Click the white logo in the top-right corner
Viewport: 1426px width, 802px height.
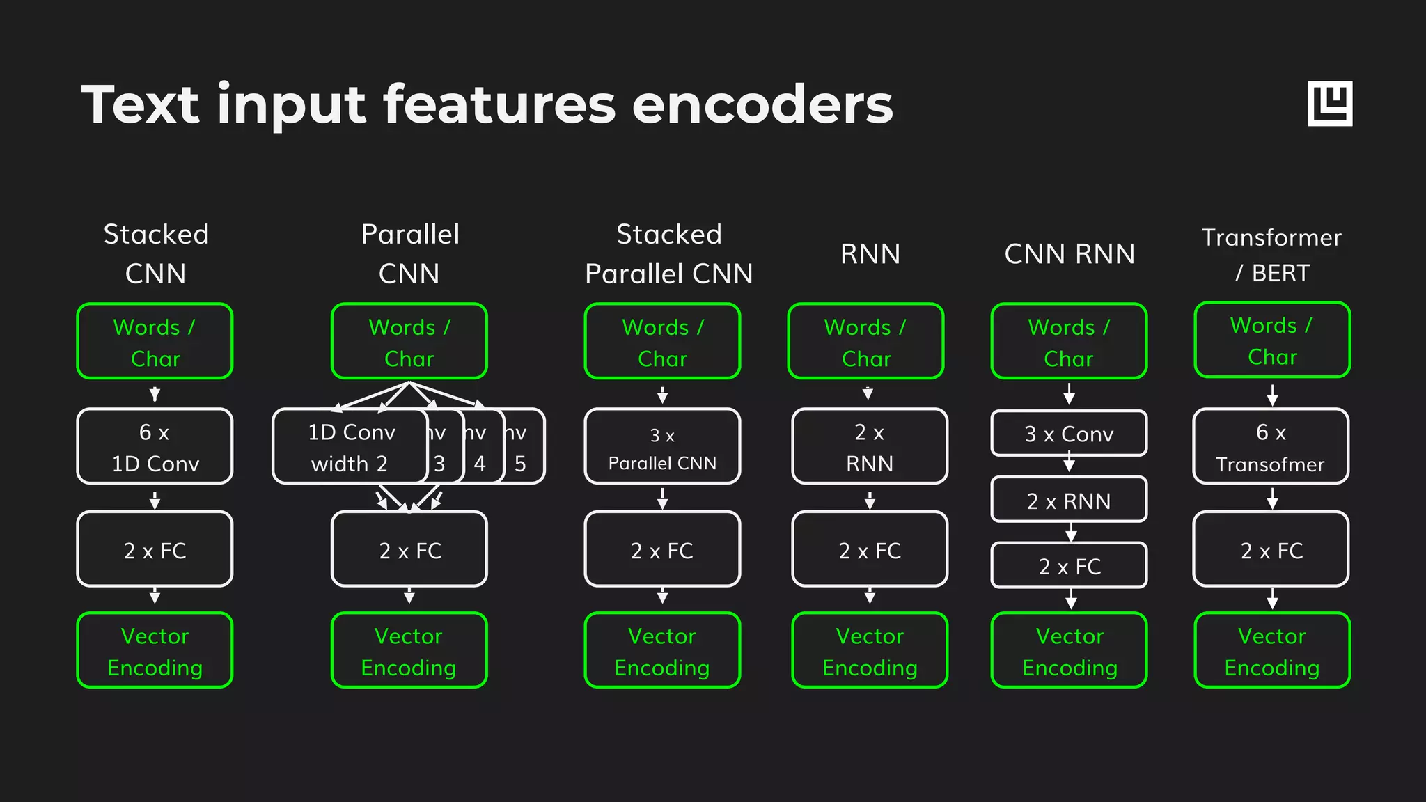click(1329, 104)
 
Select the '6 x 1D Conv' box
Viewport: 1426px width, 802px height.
click(155, 446)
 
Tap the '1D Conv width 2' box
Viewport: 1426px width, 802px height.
click(350, 446)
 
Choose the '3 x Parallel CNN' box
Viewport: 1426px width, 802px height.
click(662, 446)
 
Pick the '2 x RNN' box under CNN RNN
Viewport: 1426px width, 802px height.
click(1069, 500)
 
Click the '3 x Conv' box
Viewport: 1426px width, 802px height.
click(1069, 434)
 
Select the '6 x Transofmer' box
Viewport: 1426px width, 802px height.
click(1271, 446)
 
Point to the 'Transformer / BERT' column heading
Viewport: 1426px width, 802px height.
click(1272, 255)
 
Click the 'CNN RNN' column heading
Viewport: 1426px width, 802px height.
click(1069, 254)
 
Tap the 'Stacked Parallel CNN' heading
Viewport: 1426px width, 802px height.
click(668, 254)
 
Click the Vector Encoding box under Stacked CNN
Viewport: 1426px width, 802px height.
click(155, 650)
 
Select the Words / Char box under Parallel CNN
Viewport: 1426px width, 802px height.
click(409, 341)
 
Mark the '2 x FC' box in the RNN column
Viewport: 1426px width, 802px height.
click(870, 549)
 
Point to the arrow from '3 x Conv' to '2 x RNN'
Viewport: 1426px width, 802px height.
click(1069, 464)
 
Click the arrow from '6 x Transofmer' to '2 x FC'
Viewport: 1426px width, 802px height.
click(1272, 498)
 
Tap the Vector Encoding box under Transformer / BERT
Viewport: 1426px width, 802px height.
click(1272, 650)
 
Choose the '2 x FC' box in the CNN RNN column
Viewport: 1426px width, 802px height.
click(1069, 565)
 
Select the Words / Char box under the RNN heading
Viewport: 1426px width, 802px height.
click(865, 341)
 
